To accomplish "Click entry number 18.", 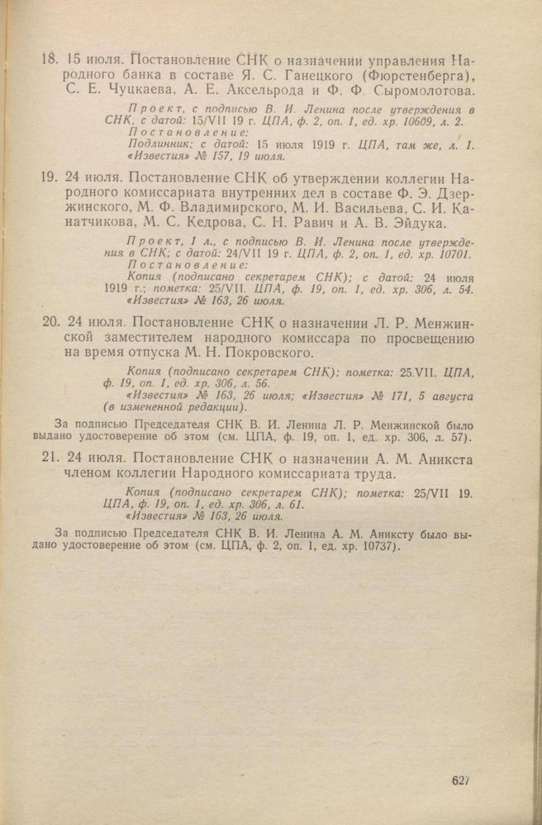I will coord(48,60).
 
